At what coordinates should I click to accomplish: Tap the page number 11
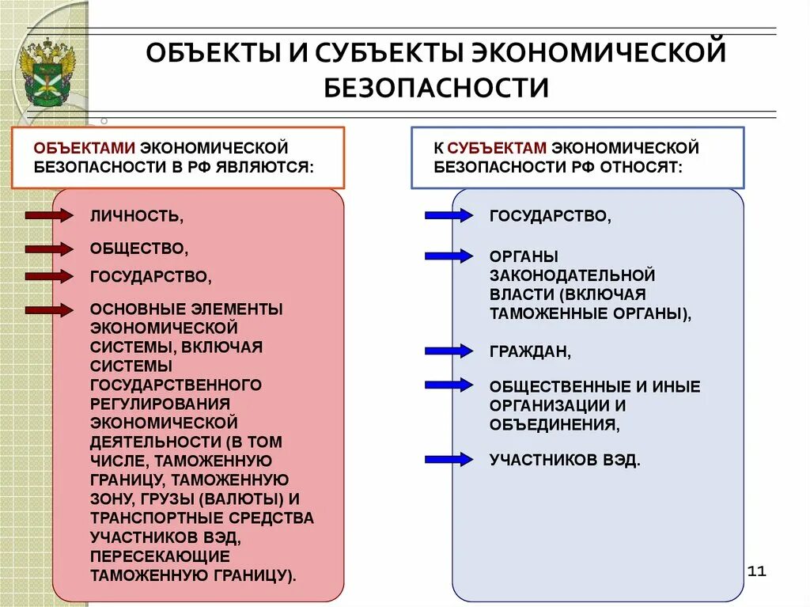pos(757,571)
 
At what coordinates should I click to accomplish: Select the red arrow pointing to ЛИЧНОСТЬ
pos(49,214)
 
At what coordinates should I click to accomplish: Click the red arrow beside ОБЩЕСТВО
pos(49,249)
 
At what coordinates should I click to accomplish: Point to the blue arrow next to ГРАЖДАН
pos(448,351)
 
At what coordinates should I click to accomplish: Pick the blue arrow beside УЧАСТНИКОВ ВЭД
pos(448,459)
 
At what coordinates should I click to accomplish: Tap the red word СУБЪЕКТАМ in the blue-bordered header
pos(497,147)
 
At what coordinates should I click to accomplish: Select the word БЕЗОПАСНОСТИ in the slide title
pos(436,87)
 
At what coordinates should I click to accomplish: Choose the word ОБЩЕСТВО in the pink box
pos(139,249)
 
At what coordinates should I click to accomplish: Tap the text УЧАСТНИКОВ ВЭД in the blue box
pos(564,460)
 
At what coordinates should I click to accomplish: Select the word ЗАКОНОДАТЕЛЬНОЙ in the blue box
pos(572,275)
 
